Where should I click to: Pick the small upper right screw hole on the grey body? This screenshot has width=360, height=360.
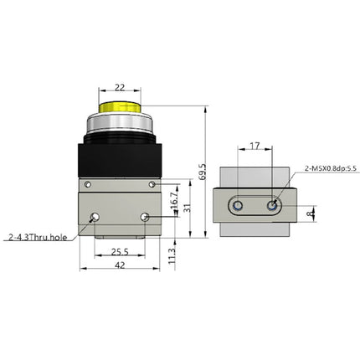pos(152,184)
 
